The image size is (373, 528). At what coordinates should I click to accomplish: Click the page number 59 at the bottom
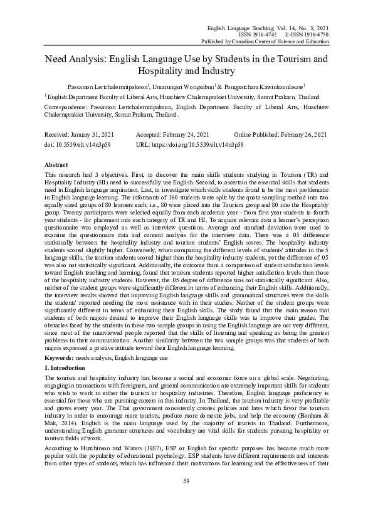click(186, 498)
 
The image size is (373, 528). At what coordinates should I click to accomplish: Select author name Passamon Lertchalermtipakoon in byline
click(108, 86)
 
